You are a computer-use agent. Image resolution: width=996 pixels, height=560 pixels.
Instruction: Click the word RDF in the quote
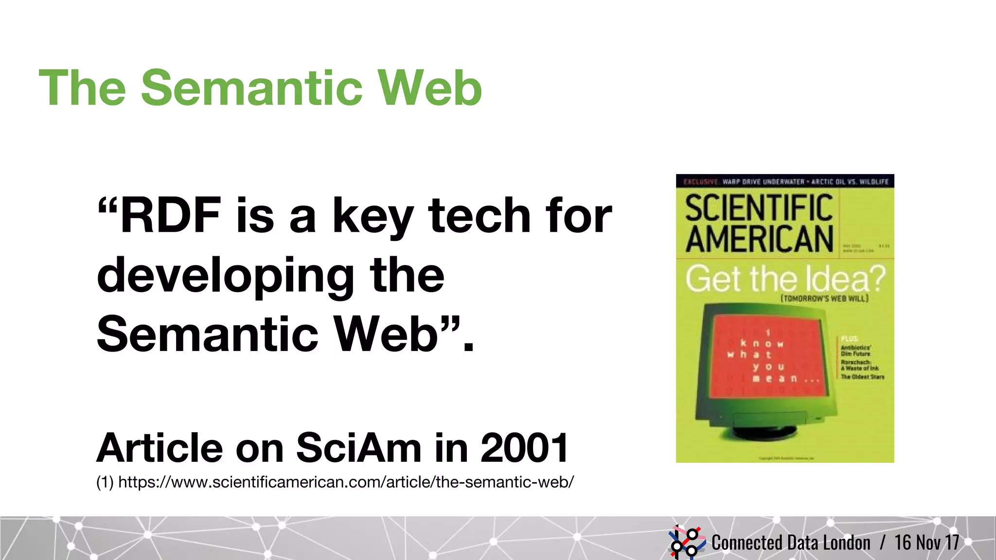pos(170,215)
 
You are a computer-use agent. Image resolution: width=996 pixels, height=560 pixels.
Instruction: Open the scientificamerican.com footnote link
pos(345,482)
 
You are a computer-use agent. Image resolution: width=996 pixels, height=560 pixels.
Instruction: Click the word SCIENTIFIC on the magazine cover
pos(759,208)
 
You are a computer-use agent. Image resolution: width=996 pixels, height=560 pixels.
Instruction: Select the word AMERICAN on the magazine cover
pos(759,239)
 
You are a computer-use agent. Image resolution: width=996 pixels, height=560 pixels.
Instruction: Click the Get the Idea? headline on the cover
pos(785,279)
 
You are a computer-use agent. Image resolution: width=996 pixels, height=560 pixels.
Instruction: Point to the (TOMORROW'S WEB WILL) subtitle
pos(824,298)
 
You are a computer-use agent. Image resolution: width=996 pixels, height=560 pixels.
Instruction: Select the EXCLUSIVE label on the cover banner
pos(701,182)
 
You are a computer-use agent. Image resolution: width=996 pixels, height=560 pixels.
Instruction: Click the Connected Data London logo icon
pos(686,542)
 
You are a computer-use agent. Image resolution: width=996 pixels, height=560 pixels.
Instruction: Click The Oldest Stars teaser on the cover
pos(862,377)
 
